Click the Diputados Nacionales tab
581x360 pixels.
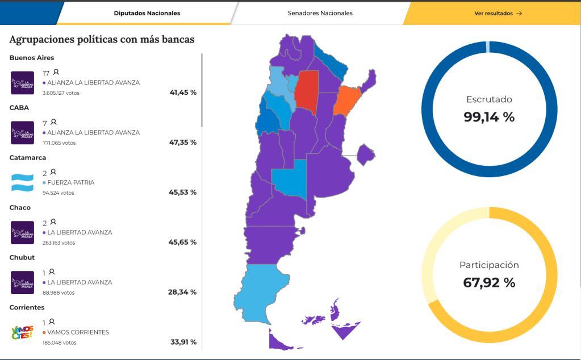tap(147, 13)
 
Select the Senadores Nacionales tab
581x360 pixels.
tap(320, 13)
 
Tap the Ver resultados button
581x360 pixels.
tap(498, 13)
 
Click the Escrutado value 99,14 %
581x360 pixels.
tap(488, 117)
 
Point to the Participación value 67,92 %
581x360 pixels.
tap(488, 282)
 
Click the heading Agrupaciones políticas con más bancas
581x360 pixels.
tap(102, 39)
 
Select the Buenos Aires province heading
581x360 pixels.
tap(32, 58)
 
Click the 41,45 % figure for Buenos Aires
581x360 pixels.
tap(182, 93)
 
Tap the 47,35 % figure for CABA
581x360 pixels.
tap(182, 143)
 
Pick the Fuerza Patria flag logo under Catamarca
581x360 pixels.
tap(23, 183)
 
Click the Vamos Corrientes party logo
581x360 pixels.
tap(23, 333)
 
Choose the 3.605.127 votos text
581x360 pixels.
tap(61, 93)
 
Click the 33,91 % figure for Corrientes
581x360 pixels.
tap(182, 342)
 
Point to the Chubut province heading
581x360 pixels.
tap(22, 258)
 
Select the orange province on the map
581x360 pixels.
tap(346, 101)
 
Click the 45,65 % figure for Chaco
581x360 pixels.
tap(182, 242)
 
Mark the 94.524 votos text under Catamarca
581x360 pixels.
tap(58, 193)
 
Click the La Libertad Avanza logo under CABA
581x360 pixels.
tap(23, 133)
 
